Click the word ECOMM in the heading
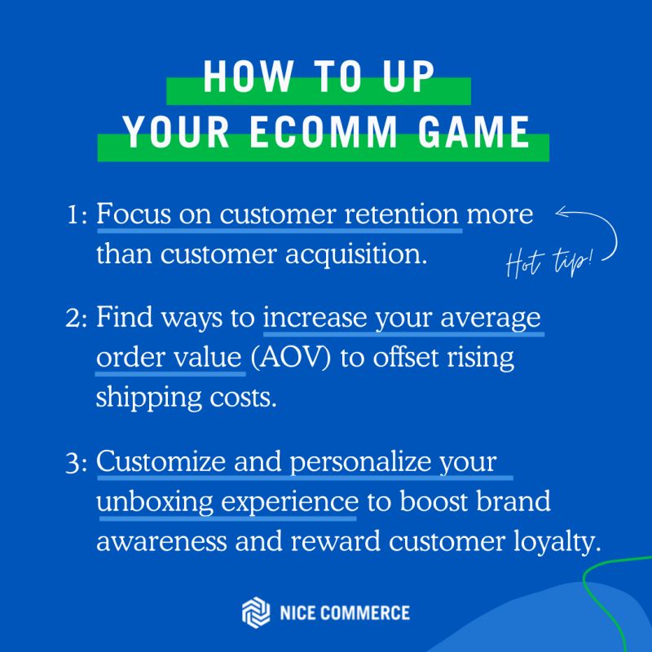324,132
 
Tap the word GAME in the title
474,132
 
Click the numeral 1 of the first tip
73,215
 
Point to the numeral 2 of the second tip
73,318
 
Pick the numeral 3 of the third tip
73,463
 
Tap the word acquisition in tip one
356,254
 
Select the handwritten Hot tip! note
548,262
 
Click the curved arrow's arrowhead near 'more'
562,213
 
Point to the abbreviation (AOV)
291,358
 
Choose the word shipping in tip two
149,399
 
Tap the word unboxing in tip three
155,502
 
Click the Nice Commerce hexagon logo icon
256,613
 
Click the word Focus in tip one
134,214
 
